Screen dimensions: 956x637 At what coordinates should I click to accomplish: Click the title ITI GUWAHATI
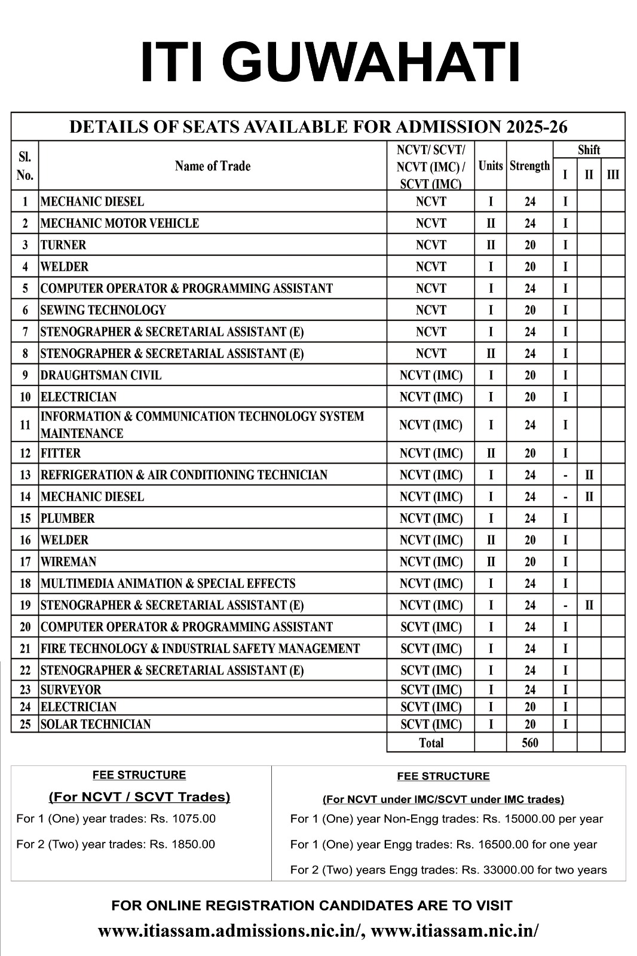point(330,62)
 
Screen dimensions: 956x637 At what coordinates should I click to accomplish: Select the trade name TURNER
point(63,245)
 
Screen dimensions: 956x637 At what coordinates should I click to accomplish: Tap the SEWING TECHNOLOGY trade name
point(103,310)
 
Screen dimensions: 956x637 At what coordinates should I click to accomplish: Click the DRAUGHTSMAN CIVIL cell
point(101,375)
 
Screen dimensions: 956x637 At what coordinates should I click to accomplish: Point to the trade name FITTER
point(60,454)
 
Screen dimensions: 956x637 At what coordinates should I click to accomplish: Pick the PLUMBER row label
point(68,519)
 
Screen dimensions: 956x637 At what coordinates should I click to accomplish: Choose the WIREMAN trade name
point(68,562)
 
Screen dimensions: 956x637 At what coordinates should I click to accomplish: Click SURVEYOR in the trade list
point(71,690)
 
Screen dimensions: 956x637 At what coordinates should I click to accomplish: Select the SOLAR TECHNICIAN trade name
point(96,725)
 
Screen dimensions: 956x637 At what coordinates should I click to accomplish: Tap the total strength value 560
point(530,743)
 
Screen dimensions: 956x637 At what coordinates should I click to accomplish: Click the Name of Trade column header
point(213,166)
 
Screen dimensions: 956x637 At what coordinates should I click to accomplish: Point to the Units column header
point(491,166)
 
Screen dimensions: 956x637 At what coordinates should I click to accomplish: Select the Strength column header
point(530,166)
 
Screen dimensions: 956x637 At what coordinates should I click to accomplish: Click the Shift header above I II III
point(589,150)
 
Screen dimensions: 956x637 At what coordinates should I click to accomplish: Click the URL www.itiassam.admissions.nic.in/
point(231,931)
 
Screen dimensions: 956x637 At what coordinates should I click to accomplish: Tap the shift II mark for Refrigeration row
point(589,476)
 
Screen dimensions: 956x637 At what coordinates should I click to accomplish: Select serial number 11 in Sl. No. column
point(25,425)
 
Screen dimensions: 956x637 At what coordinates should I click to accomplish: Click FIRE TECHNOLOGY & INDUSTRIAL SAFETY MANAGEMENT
point(200,649)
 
